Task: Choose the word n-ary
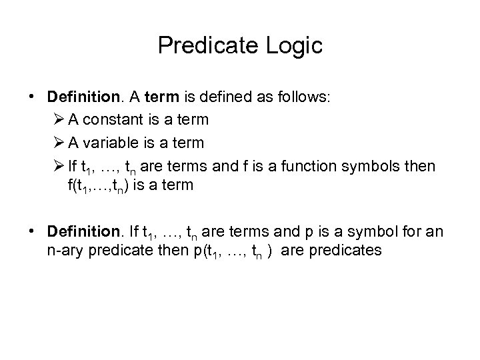point(61,251)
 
